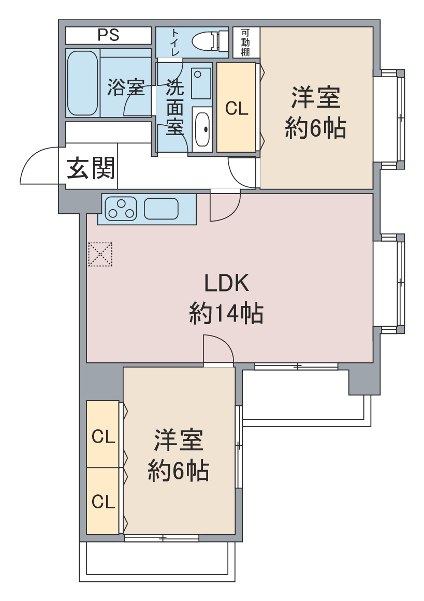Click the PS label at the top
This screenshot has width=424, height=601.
click(x=109, y=35)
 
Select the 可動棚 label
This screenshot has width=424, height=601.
click(x=245, y=42)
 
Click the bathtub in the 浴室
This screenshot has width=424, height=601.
click(x=82, y=83)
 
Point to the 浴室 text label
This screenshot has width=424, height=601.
click(x=126, y=87)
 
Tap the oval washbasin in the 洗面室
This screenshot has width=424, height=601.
click(x=202, y=129)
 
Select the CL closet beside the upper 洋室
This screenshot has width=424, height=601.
click(x=237, y=107)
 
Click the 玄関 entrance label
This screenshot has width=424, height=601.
click(x=91, y=168)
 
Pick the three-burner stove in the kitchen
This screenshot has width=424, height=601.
click(x=121, y=209)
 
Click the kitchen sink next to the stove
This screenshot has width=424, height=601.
click(x=161, y=209)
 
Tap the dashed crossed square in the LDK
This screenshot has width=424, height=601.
click(x=100, y=254)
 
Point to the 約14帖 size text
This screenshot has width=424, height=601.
click(x=226, y=313)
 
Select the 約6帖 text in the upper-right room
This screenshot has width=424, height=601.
click(x=315, y=128)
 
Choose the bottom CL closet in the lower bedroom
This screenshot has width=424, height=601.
click(x=103, y=501)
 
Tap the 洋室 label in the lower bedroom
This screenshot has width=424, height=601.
click(x=179, y=440)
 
